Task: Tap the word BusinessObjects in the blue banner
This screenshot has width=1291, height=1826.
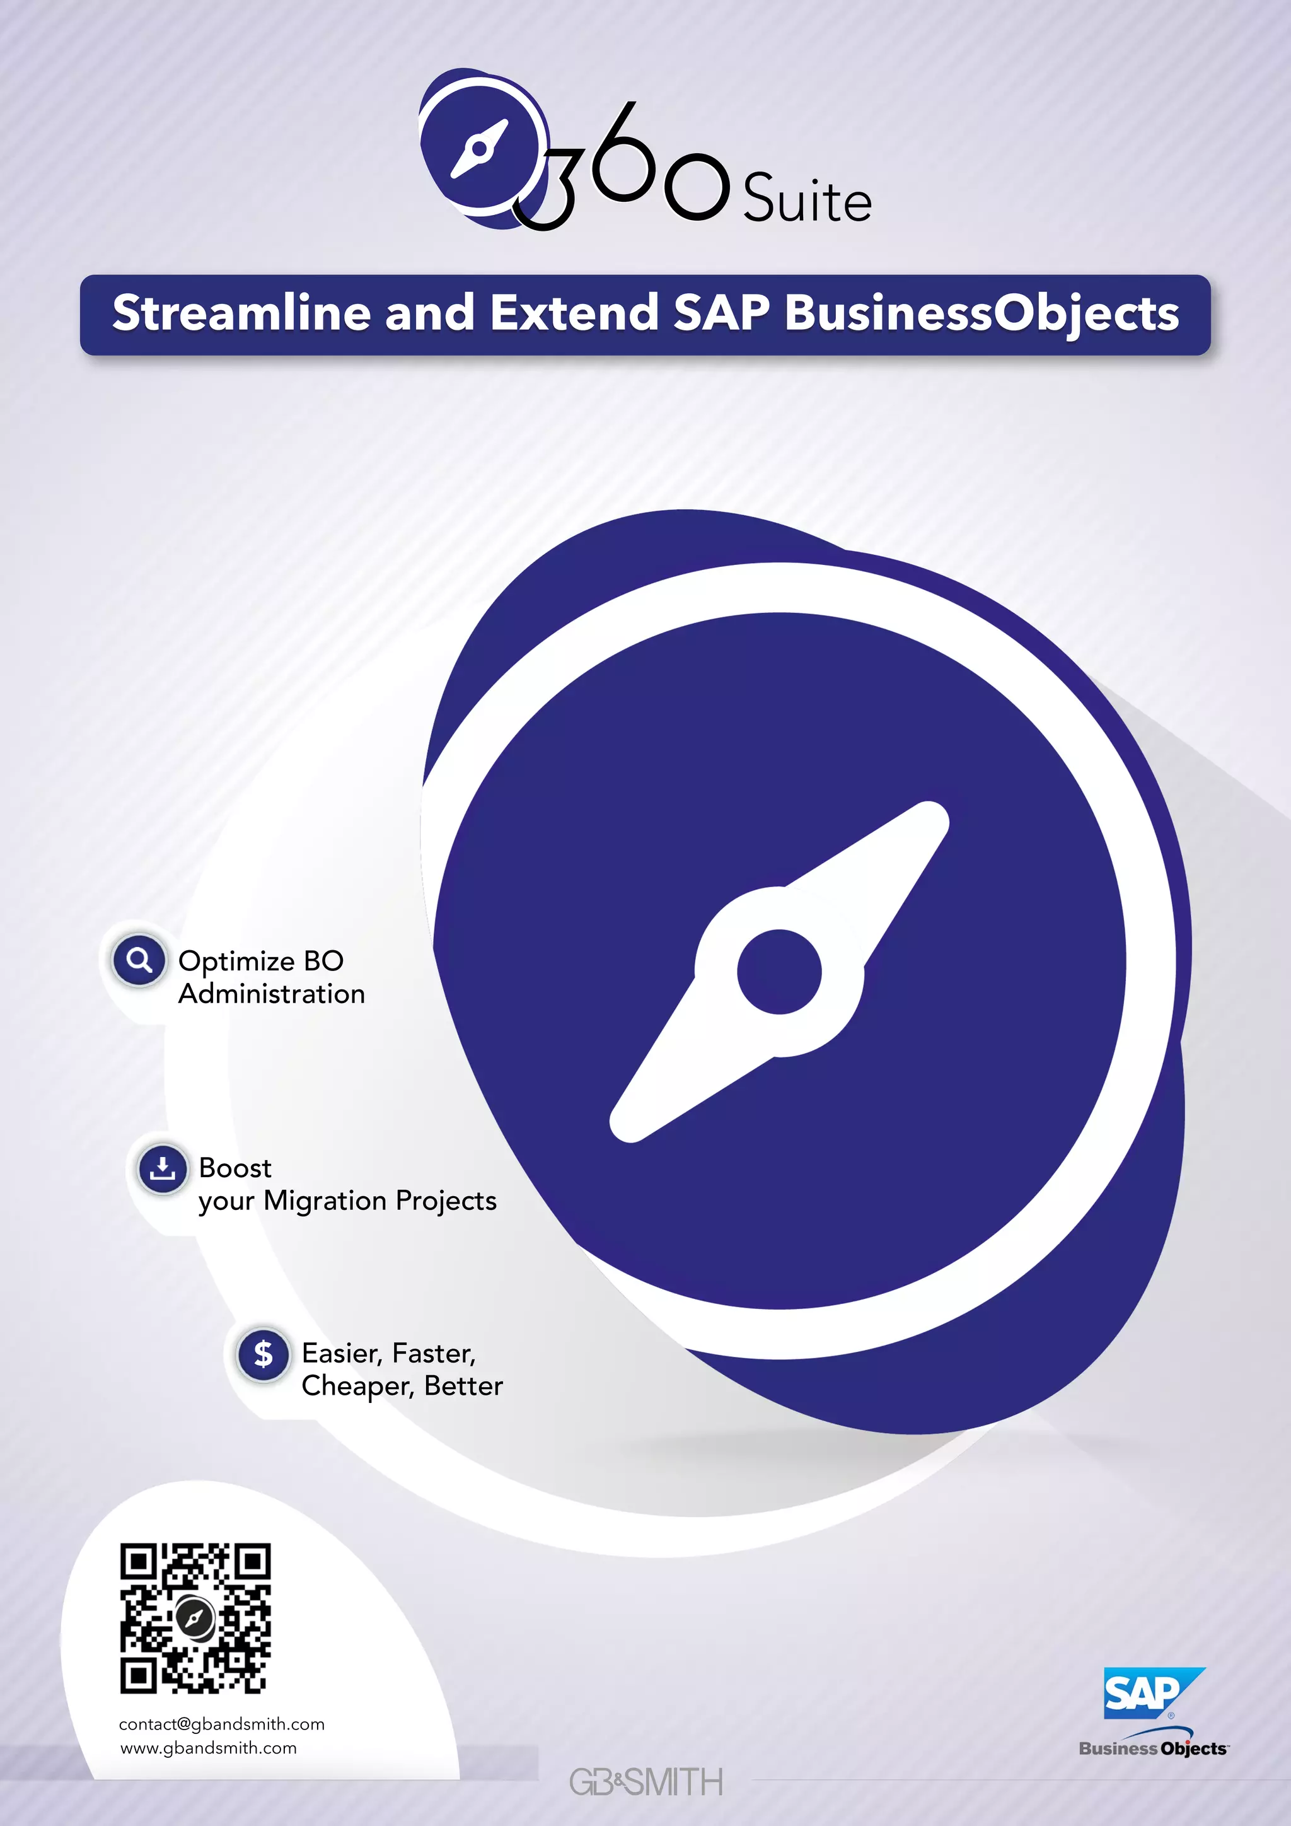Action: click(x=981, y=314)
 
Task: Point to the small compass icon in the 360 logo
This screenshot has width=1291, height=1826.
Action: click(x=479, y=148)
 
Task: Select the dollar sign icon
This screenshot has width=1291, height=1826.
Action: click(x=263, y=1353)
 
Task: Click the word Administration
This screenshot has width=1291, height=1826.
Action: click(x=271, y=994)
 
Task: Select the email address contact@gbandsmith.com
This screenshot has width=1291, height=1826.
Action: click(x=222, y=1724)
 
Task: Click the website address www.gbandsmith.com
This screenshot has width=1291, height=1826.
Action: click(x=208, y=1748)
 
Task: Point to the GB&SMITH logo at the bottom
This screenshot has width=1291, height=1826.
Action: click(x=645, y=1782)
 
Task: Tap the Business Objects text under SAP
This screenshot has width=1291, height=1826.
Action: click(x=1154, y=1749)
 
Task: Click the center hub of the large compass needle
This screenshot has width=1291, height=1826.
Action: click(x=779, y=971)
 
